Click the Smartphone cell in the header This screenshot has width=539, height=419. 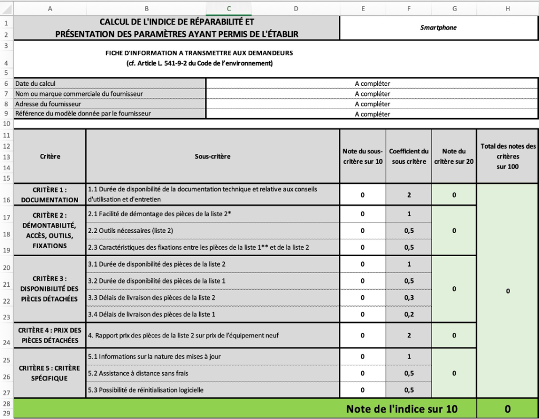coord(438,28)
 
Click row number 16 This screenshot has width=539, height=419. coord(5,200)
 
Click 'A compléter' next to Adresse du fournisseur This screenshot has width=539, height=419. coord(372,104)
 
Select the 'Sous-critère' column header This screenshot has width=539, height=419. coord(212,157)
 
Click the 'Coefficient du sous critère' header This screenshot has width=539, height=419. coord(408,157)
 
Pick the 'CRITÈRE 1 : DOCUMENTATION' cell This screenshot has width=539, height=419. coord(50,194)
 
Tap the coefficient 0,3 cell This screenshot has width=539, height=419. coord(408,298)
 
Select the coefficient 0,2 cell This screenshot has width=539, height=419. coord(408,315)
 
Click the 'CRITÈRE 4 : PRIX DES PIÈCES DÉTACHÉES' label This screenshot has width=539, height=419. coord(50,335)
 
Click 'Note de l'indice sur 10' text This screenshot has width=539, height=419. coord(402,408)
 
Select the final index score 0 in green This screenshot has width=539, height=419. coord(507,408)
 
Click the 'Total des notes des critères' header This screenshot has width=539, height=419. coord(507,156)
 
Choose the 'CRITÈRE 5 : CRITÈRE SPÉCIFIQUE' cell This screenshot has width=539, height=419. coord(50,373)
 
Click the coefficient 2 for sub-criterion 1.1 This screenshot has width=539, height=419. coord(408,195)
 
